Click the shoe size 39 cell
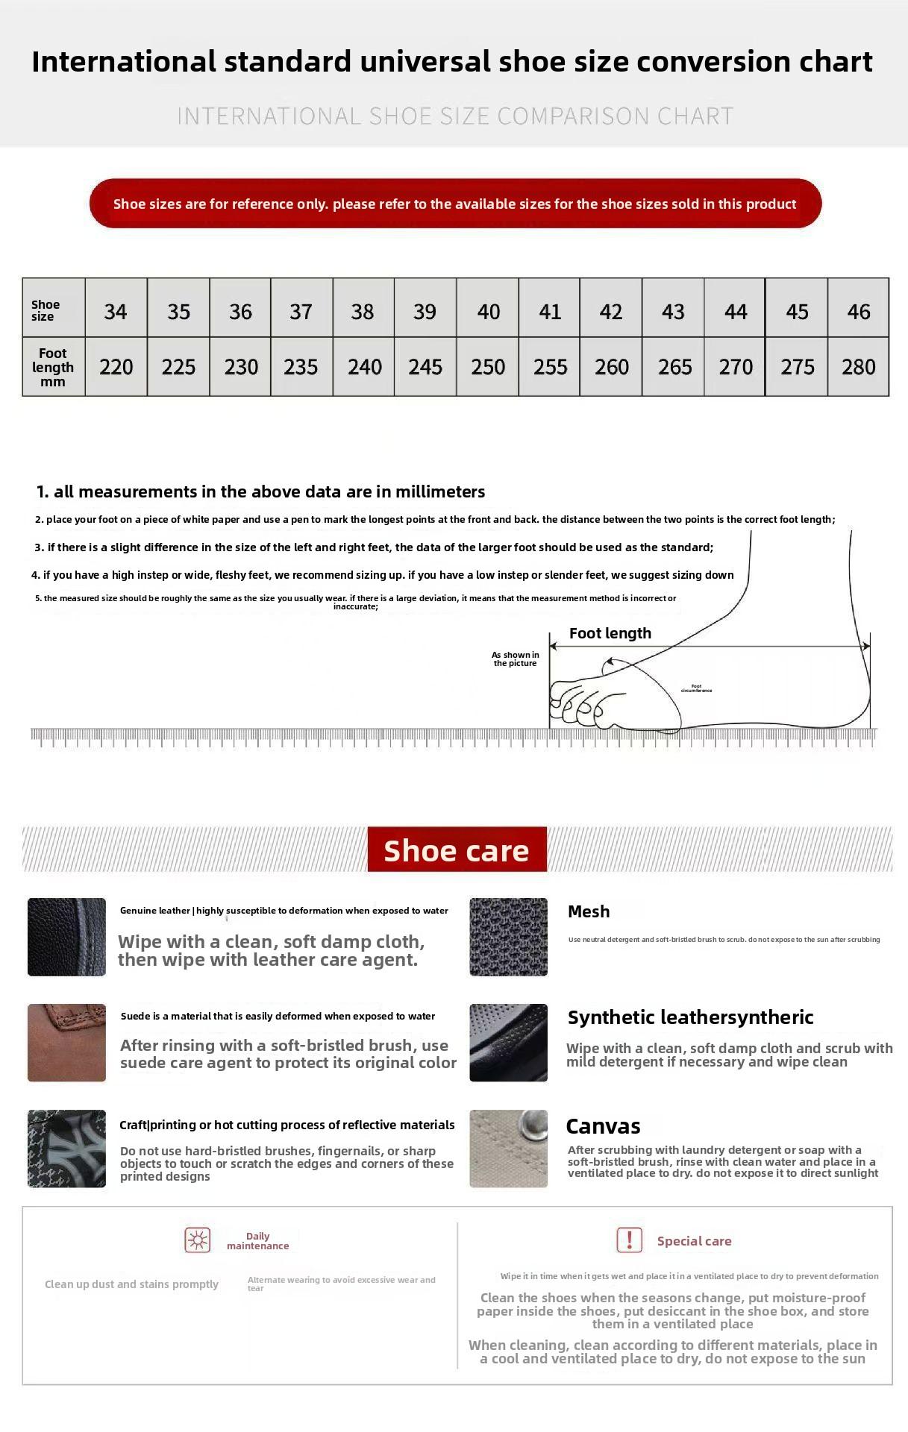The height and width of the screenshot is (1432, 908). click(x=425, y=311)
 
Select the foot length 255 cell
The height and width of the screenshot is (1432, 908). click(x=550, y=366)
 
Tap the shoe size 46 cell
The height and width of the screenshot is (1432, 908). click(x=858, y=311)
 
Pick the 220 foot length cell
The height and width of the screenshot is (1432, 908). click(x=116, y=366)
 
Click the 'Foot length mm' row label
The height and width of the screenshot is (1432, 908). click(x=53, y=367)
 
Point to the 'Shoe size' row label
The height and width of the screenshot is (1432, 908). click(x=46, y=310)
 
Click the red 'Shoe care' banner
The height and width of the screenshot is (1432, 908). click(x=457, y=850)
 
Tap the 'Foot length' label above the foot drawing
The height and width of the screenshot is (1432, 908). click(x=610, y=633)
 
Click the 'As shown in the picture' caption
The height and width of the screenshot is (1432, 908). click(x=515, y=659)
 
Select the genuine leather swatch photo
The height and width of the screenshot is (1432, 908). click(x=66, y=937)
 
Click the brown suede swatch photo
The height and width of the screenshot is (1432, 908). click(x=66, y=1042)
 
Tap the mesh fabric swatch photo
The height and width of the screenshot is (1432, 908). click(x=508, y=937)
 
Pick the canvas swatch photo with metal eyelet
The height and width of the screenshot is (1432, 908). click(x=508, y=1149)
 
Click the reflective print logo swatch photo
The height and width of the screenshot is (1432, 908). click(x=66, y=1149)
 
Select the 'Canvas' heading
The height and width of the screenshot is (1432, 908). click(x=603, y=1126)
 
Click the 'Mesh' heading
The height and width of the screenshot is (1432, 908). click(x=589, y=911)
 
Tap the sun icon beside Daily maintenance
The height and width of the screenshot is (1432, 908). click(x=198, y=1240)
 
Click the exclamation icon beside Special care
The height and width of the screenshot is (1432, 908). click(x=629, y=1240)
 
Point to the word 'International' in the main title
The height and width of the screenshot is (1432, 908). click(x=124, y=61)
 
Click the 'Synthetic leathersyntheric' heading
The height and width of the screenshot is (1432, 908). click(x=690, y=1017)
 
